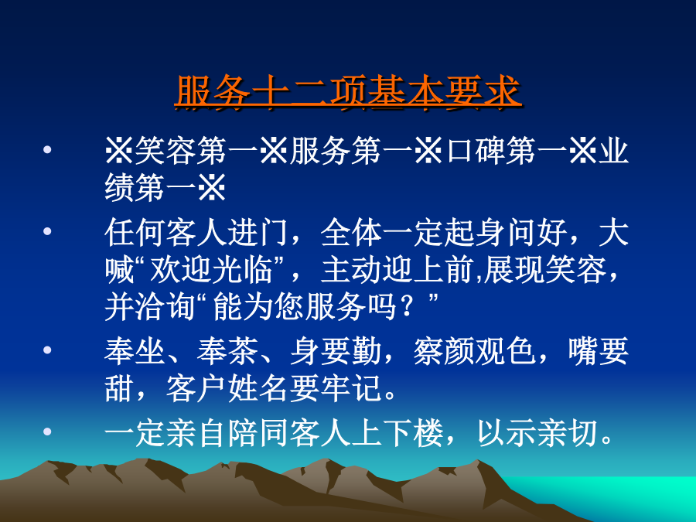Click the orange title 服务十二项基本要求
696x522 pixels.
pyautogui.click(x=347, y=92)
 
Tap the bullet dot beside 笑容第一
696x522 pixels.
pyautogui.click(x=47, y=149)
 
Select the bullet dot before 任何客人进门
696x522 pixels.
pyautogui.click(x=47, y=231)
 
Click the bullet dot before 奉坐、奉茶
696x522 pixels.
pyautogui.click(x=47, y=350)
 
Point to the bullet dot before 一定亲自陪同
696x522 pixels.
pyautogui.click(x=47, y=432)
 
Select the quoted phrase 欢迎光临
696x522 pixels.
pyautogui.click(x=211, y=270)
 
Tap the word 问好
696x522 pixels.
pyautogui.click(x=537, y=233)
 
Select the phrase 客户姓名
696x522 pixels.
pyautogui.click(x=227, y=389)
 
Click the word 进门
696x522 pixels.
pyautogui.click(x=258, y=233)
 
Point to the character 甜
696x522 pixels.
pyautogui.click(x=119, y=389)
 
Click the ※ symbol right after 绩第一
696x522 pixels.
pyautogui.click(x=211, y=188)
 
